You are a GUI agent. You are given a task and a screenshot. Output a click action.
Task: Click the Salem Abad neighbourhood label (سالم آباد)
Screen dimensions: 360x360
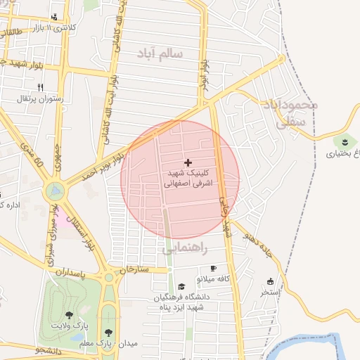(x=161, y=53)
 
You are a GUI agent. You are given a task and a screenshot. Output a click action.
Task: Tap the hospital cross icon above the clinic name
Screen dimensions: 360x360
(x=187, y=162)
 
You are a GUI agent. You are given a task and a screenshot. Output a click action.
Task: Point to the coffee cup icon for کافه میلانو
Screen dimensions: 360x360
(x=213, y=269)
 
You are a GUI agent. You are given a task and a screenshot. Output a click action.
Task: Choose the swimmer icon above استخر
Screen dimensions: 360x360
(x=271, y=281)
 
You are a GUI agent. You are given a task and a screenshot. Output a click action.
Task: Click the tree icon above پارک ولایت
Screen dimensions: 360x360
(x=68, y=315)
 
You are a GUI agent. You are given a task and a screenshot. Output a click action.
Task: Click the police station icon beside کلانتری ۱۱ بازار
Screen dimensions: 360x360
(x=55, y=17)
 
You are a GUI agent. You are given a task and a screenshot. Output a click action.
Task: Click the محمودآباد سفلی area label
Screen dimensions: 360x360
(x=290, y=112)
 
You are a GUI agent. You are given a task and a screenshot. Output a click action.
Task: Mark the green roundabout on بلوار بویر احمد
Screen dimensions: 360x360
(x=55, y=190)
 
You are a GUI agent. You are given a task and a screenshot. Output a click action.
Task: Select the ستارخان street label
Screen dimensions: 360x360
(x=134, y=269)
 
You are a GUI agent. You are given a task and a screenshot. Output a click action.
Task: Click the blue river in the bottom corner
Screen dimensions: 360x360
(x=323, y=345)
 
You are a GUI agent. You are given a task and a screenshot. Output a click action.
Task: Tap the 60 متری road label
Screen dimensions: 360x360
(x=35, y=157)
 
